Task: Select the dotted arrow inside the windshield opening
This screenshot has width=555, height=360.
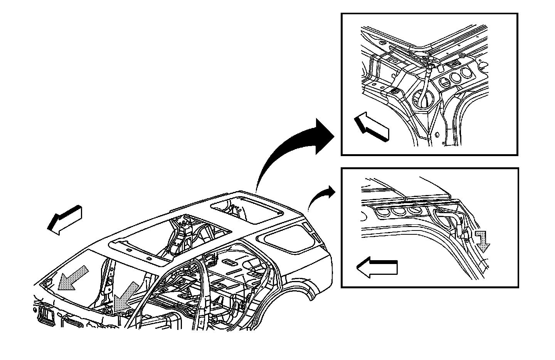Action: tap(72, 278)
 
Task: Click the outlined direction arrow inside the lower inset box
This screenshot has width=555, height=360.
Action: tap(377, 267)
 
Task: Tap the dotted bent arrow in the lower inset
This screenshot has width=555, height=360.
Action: tap(482, 242)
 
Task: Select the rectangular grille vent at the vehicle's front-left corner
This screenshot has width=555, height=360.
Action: tap(46, 314)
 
